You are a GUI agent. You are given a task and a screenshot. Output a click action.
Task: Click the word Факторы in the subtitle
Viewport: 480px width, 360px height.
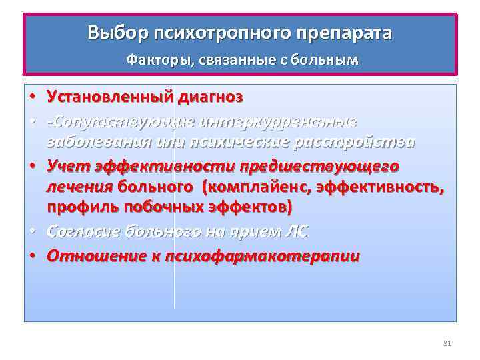click(153, 60)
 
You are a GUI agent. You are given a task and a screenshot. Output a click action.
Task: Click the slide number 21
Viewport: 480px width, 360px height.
click(447, 343)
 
